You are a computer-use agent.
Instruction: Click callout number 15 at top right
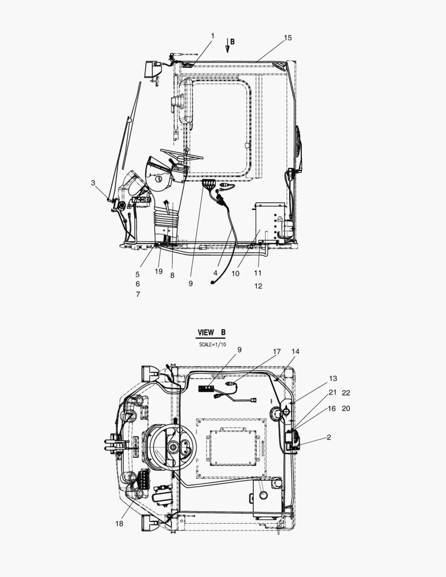(x=288, y=38)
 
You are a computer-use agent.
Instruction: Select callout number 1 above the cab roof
(x=213, y=36)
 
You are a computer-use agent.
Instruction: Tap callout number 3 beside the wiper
(x=93, y=183)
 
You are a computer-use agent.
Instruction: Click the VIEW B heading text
(x=212, y=332)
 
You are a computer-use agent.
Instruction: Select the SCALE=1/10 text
(x=213, y=345)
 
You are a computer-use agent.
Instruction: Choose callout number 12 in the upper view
(x=258, y=286)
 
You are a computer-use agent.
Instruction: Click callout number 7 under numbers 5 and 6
(x=138, y=294)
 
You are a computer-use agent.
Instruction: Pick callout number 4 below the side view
(x=215, y=273)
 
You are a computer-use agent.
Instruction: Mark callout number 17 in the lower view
(x=277, y=352)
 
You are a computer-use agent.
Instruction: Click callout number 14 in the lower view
(x=295, y=352)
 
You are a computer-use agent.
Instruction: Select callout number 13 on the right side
(x=333, y=379)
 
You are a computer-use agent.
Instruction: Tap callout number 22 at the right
(x=346, y=393)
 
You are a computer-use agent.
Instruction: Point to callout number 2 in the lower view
(x=328, y=437)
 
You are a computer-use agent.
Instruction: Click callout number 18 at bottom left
(x=119, y=524)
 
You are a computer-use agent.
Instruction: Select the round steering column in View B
(x=174, y=446)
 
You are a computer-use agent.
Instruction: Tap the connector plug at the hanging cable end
(x=213, y=282)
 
